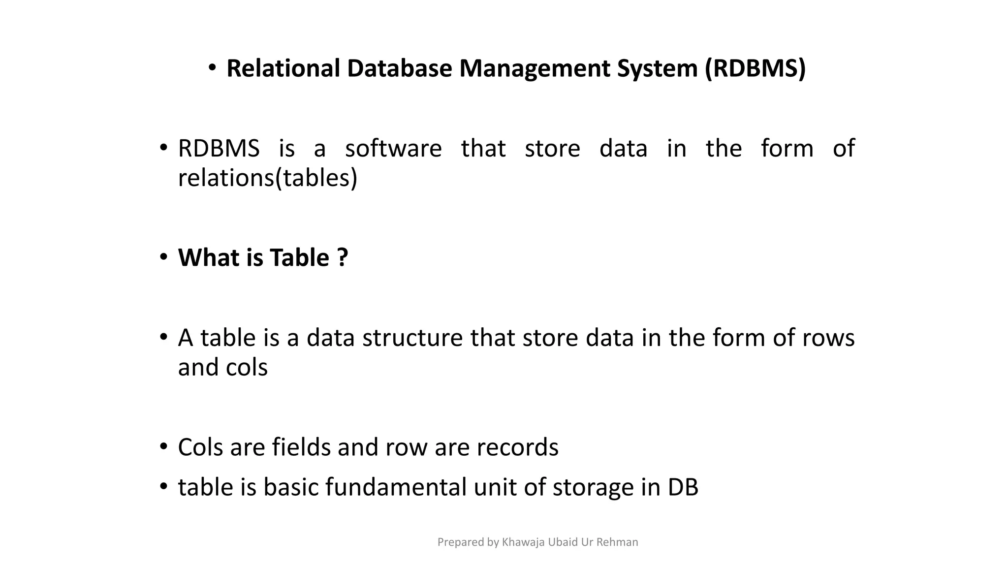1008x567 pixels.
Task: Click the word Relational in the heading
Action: (x=283, y=68)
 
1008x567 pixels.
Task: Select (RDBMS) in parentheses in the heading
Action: (x=755, y=68)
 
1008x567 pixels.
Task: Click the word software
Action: (x=393, y=148)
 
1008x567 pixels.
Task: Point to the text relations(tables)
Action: (x=267, y=178)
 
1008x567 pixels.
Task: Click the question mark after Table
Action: (x=343, y=257)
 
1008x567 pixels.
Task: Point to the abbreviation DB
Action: (x=683, y=487)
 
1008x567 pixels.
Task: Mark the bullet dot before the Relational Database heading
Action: (x=212, y=68)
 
